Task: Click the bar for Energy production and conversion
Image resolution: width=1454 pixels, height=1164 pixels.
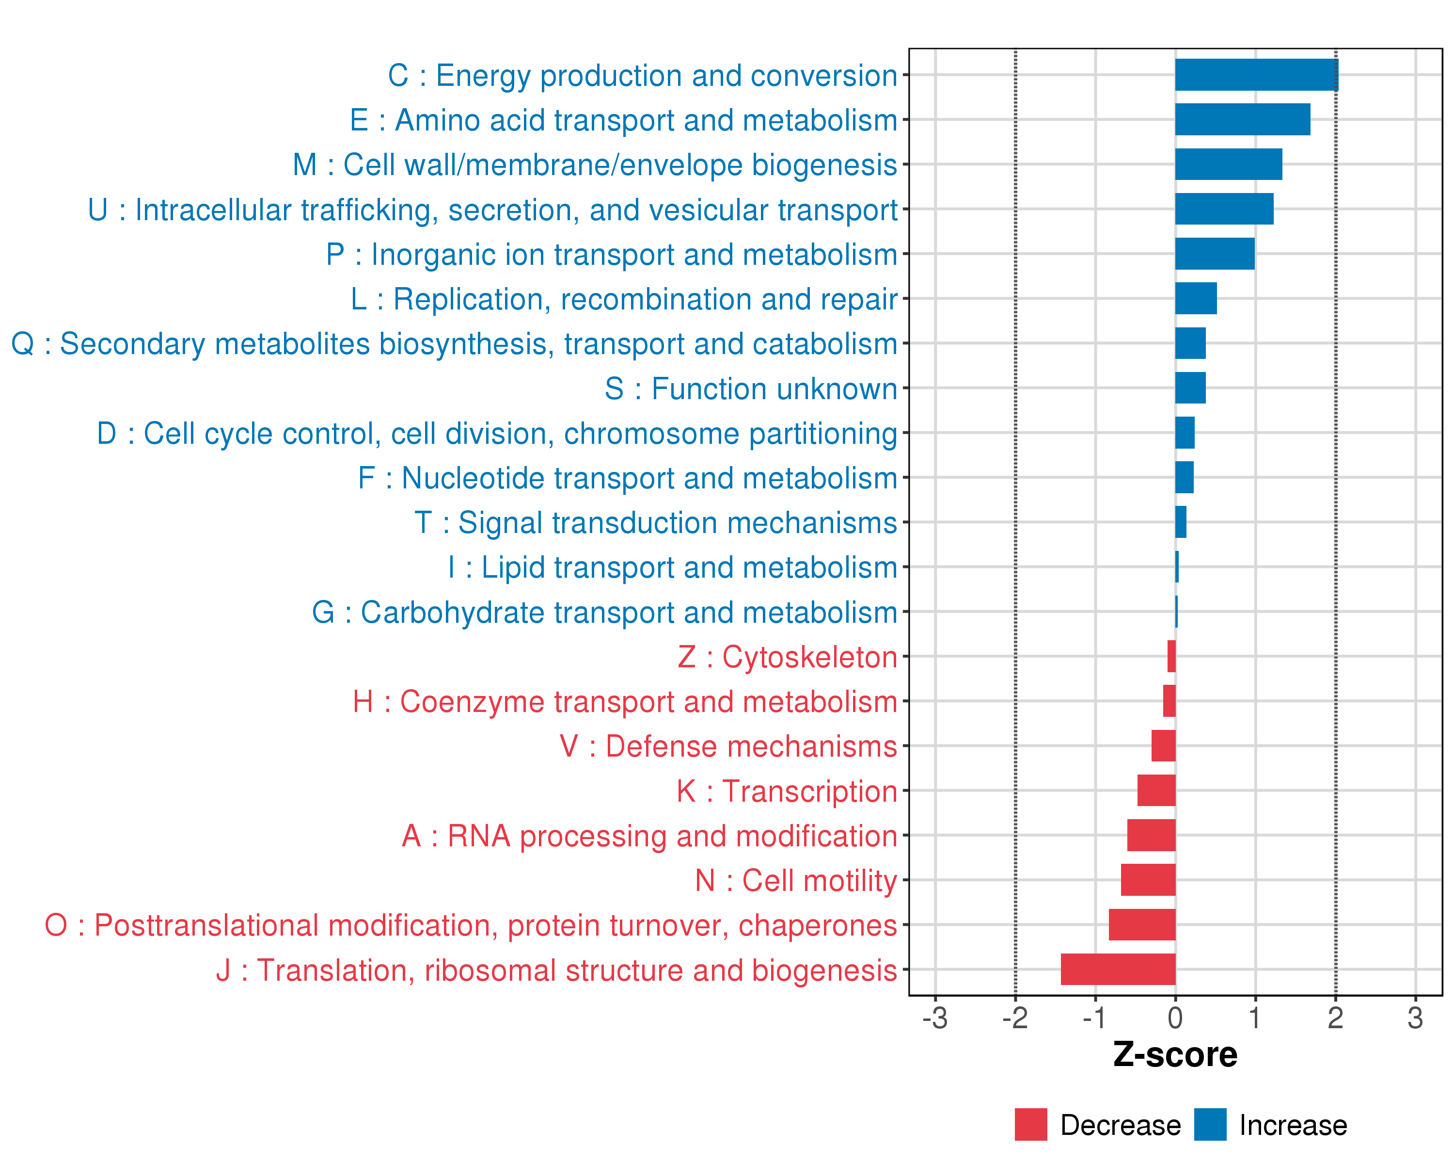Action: pos(1256,75)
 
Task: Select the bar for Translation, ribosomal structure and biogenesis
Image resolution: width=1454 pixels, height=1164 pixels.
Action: pos(1118,969)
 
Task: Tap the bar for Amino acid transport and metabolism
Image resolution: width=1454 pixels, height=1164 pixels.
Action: pos(1242,119)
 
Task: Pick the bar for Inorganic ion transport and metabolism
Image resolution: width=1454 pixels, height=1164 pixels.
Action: pos(1215,254)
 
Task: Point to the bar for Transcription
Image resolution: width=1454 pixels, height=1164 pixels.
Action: pos(1156,790)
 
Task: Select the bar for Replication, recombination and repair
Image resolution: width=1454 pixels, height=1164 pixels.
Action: pos(1196,298)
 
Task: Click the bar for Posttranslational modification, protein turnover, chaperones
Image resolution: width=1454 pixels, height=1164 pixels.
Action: pos(1142,924)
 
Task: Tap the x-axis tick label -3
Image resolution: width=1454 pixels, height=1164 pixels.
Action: pos(935,1018)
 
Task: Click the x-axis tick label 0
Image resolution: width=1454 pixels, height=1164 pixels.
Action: pos(1175,1018)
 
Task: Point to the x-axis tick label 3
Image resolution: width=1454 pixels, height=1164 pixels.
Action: pos(1415,1018)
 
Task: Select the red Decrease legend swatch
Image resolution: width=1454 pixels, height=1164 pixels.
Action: pos(1030,1125)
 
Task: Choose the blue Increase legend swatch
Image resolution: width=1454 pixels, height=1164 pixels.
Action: pos(1210,1125)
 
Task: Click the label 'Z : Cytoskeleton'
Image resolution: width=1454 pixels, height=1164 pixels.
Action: pos(787,657)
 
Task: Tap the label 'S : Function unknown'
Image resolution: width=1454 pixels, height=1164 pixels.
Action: pos(751,388)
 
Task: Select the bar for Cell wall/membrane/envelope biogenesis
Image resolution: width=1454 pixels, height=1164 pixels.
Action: pos(1228,164)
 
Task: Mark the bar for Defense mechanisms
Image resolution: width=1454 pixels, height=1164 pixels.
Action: pos(1163,745)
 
